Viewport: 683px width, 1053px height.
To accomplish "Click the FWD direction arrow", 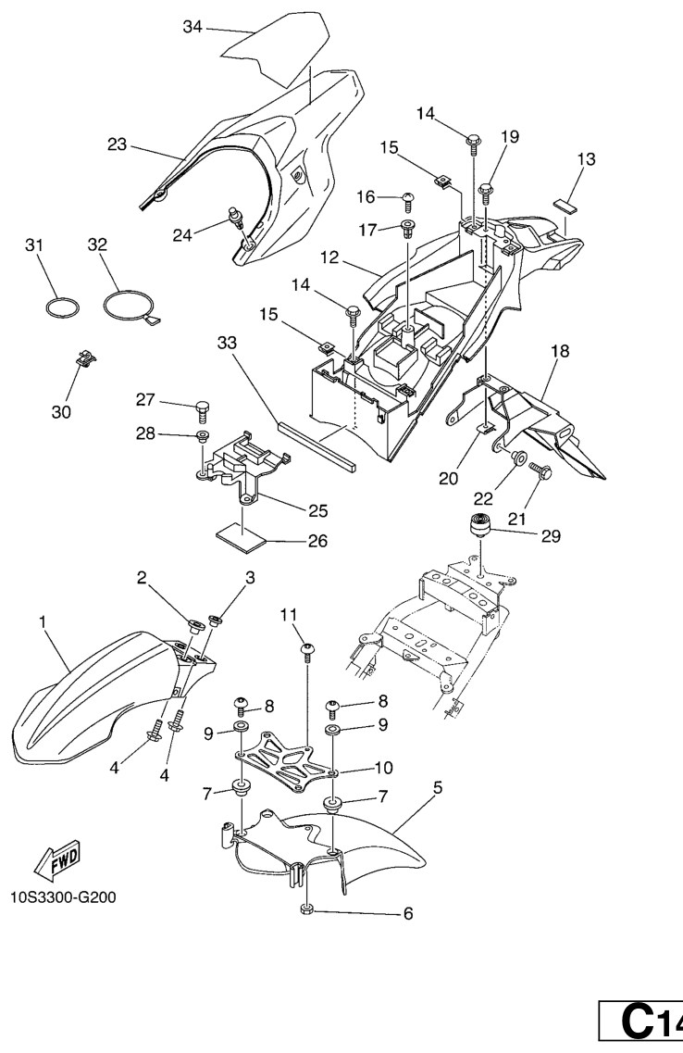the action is click(57, 861).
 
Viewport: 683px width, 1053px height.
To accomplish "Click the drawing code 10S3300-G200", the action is click(63, 897).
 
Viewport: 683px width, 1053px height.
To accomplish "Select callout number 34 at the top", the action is click(192, 27).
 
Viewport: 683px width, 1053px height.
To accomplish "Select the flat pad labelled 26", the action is click(241, 538).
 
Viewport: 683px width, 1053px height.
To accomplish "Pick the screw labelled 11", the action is click(307, 652).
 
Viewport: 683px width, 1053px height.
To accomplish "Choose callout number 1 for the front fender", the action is click(43, 622).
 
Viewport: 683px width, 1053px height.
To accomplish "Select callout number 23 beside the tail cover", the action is click(118, 144).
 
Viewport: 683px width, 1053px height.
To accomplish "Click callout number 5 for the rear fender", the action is click(438, 787).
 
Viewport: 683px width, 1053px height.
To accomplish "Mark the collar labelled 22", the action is click(517, 458).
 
